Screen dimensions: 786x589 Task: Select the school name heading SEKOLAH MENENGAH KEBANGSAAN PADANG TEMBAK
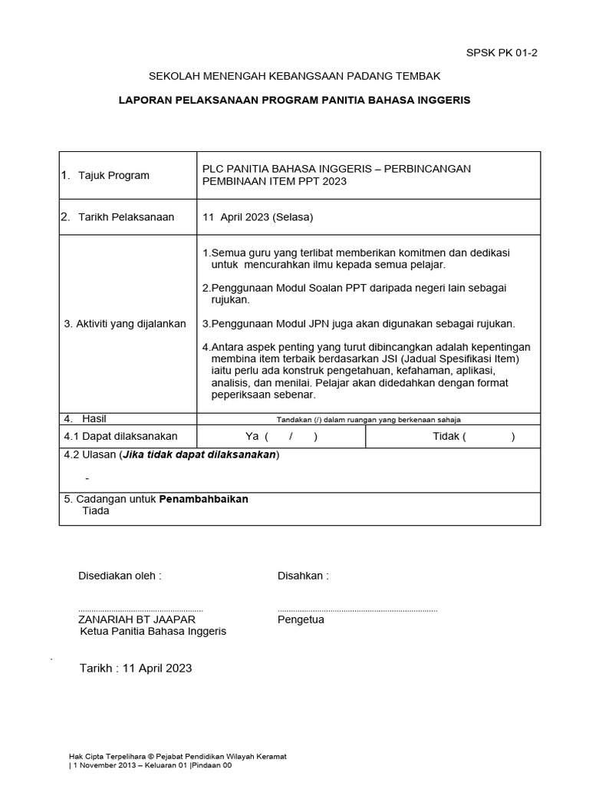click(294, 77)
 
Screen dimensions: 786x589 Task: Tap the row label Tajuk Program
click(114, 175)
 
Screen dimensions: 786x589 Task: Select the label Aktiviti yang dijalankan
click(125, 323)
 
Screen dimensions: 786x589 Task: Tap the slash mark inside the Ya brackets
click(291, 437)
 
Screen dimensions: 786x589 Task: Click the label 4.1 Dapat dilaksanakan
click(120, 436)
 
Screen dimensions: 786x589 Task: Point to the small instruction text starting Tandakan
click(368, 419)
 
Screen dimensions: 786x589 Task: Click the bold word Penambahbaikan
click(203, 499)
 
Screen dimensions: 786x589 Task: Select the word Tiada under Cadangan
click(96, 510)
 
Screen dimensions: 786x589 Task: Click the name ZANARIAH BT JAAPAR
click(137, 619)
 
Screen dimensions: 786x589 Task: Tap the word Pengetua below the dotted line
click(301, 619)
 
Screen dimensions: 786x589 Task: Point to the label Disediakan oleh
click(120, 576)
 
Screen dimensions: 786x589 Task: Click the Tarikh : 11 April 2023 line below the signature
click(136, 668)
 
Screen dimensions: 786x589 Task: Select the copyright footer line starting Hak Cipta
click(177, 756)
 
